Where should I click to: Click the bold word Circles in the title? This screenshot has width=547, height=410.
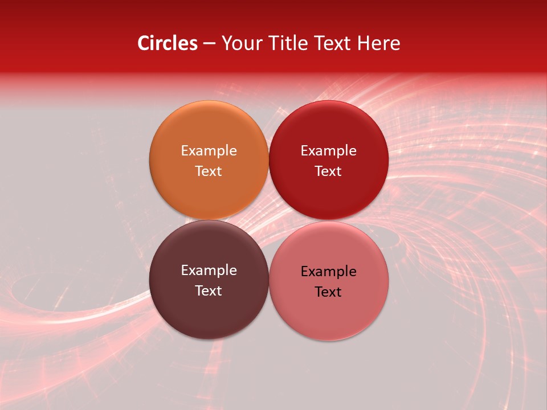coord(168,43)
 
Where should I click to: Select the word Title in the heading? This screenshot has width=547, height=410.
coord(289,43)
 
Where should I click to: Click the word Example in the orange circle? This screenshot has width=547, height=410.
coord(209,150)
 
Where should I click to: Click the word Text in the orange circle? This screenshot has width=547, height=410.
coord(209,171)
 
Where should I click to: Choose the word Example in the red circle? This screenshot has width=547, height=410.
coord(328,150)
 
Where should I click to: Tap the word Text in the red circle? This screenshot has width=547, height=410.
coord(328,171)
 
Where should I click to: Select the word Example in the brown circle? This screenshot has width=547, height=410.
coord(209,270)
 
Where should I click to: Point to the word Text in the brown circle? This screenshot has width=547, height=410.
coord(209,290)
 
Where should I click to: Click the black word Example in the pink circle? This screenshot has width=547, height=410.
coord(328,271)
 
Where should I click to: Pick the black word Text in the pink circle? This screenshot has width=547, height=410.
coord(328,292)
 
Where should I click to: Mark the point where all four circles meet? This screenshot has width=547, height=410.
coord(268,220)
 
